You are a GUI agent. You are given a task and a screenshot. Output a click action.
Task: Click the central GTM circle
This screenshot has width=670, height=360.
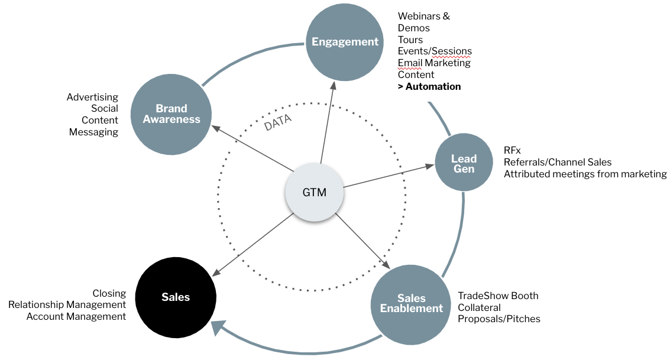pyautogui.click(x=314, y=192)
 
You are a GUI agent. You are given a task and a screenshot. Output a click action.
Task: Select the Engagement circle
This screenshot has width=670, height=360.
pyautogui.click(x=345, y=42)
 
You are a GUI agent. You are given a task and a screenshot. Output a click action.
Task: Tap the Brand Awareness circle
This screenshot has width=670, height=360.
pyautogui.click(x=171, y=114)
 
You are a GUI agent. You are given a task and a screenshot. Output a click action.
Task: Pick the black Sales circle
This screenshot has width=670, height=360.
pyautogui.click(x=176, y=297)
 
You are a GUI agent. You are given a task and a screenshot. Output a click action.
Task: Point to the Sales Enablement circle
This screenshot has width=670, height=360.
pyautogui.click(x=411, y=303)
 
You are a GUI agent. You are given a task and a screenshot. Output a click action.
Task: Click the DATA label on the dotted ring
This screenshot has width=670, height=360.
pyautogui.click(x=278, y=122)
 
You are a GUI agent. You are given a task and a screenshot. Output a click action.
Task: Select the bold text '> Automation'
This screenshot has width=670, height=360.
pyautogui.click(x=429, y=87)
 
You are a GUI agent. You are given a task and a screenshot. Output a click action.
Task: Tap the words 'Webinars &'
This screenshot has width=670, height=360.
pyautogui.click(x=424, y=16)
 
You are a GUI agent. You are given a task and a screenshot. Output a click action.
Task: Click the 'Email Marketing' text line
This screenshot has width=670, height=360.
pyautogui.click(x=434, y=63)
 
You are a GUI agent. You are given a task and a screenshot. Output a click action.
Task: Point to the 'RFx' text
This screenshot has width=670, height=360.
pyautogui.click(x=512, y=150)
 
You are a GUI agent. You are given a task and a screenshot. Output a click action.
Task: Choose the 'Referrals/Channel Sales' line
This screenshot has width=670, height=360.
pyautogui.click(x=558, y=162)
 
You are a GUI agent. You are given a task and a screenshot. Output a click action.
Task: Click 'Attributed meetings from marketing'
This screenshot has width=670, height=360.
pyautogui.click(x=585, y=174)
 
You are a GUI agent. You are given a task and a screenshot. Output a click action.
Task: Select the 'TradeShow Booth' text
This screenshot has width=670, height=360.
pyautogui.click(x=498, y=296)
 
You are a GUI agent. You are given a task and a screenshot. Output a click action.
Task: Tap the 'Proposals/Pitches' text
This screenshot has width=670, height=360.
pyautogui.click(x=499, y=319)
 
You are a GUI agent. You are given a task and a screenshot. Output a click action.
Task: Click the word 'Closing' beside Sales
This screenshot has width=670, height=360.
pyautogui.click(x=109, y=293)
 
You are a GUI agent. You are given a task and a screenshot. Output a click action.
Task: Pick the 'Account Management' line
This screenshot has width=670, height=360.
pyautogui.click(x=76, y=317)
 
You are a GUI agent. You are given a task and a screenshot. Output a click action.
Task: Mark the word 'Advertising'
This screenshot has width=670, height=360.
pyautogui.click(x=92, y=97)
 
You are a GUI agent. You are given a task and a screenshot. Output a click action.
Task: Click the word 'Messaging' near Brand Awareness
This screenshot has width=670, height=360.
pyautogui.click(x=93, y=132)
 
